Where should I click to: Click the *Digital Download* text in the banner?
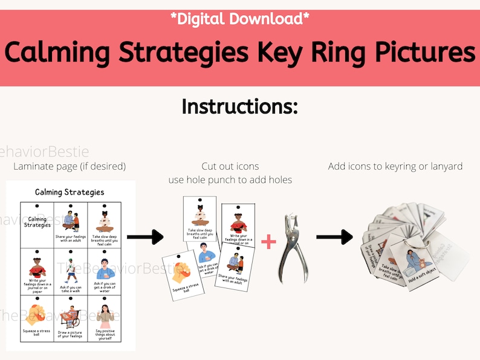tap(240, 19)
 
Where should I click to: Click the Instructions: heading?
tap(240, 106)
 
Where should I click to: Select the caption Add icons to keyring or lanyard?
tap(395, 166)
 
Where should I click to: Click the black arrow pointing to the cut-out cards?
tap(146, 237)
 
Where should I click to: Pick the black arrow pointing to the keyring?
tap(334, 237)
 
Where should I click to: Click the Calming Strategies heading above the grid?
tap(70, 192)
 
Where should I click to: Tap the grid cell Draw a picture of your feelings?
tap(70, 318)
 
